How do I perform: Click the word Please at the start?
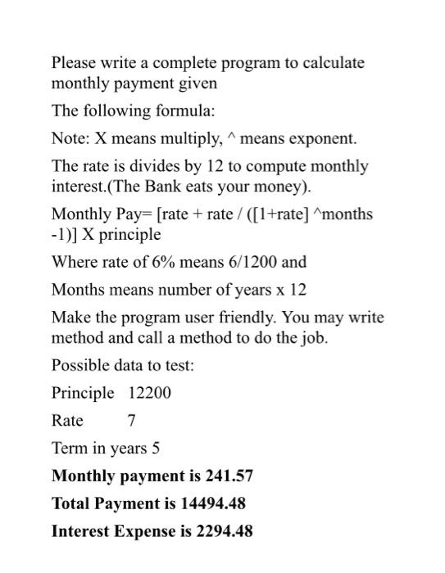click(74, 63)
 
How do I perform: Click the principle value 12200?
click(150, 393)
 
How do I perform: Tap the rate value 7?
click(132, 421)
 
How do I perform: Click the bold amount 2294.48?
click(225, 531)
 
